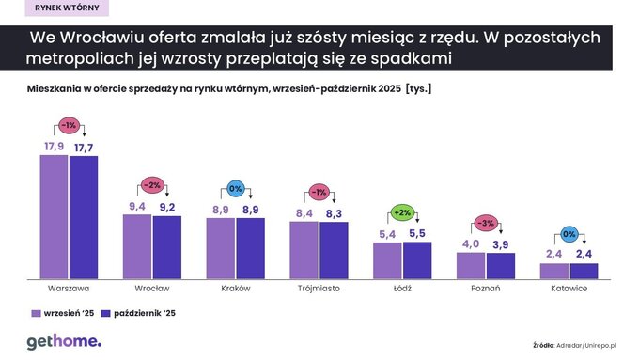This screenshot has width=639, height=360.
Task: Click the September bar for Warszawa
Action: [x=54, y=216]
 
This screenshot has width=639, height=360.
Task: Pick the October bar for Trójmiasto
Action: [x=334, y=250]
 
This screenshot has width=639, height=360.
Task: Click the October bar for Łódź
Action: [x=417, y=259]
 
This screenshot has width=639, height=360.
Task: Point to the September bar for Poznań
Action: [x=471, y=265]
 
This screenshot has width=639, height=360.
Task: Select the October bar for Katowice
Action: [x=584, y=270]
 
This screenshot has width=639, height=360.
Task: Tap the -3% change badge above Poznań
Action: [x=485, y=224]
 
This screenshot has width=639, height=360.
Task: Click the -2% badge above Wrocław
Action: [x=153, y=184]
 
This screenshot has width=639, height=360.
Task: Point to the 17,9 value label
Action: [x=54, y=148]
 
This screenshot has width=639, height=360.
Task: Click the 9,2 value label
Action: [x=168, y=208]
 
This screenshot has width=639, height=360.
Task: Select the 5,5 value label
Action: [x=417, y=234]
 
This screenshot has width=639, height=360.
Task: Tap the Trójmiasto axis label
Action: [x=319, y=288]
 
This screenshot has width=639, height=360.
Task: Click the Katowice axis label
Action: [x=569, y=288]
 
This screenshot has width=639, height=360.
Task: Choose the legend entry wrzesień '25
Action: [x=63, y=313]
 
